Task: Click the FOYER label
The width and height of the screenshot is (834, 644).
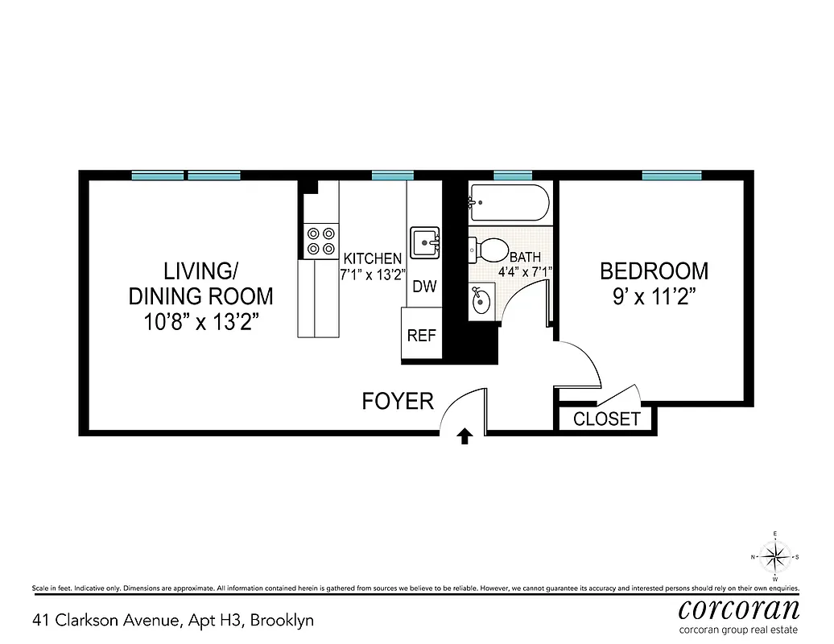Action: (x=398, y=400)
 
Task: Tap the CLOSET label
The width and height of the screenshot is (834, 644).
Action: (x=607, y=419)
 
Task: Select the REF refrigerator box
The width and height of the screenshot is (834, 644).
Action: (x=421, y=336)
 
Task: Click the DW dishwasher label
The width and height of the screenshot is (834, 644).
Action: (x=423, y=287)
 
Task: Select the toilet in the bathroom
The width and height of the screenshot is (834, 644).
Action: (x=487, y=250)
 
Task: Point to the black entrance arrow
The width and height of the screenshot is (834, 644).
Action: (x=464, y=436)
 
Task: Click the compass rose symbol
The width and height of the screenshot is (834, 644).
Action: (x=774, y=555)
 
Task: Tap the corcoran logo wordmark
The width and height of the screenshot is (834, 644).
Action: (x=739, y=608)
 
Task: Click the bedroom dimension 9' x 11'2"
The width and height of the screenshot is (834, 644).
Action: (x=654, y=295)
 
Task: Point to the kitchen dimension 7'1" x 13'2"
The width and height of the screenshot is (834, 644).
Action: (x=372, y=273)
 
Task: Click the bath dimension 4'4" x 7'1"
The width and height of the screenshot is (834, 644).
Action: (x=523, y=271)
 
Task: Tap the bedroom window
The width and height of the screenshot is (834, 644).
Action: (x=671, y=175)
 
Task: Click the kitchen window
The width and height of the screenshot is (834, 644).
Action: (x=393, y=175)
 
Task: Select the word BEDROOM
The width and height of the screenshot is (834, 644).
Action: (x=654, y=270)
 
